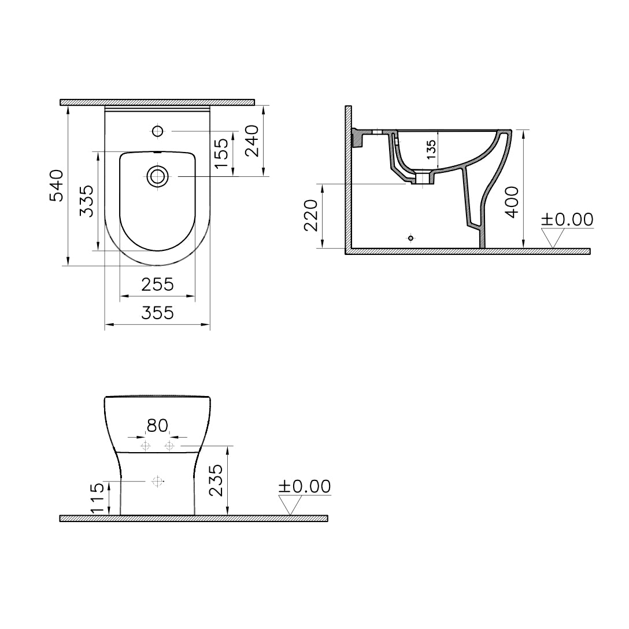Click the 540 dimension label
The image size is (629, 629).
click(x=56, y=185)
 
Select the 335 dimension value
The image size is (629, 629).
click(x=86, y=201)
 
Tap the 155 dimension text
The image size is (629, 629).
click(x=221, y=153)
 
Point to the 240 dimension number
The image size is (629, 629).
click(x=253, y=141)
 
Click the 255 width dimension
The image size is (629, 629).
click(x=157, y=284)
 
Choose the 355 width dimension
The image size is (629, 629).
click(x=157, y=313)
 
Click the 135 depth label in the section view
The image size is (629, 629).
click(x=431, y=149)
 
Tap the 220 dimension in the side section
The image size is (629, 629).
click(x=311, y=215)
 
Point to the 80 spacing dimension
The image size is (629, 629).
click(x=157, y=426)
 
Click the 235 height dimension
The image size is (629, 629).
click(x=215, y=480)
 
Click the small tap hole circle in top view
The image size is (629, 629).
click(x=157, y=131)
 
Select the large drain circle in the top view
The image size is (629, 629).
click(x=157, y=176)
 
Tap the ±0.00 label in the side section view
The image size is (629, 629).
click(x=567, y=220)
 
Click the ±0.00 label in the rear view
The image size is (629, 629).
click(x=304, y=487)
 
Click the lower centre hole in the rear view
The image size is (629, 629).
click(x=156, y=480)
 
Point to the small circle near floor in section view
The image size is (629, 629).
click(x=410, y=238)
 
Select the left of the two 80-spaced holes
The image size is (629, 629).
click(x=145, y=446)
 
